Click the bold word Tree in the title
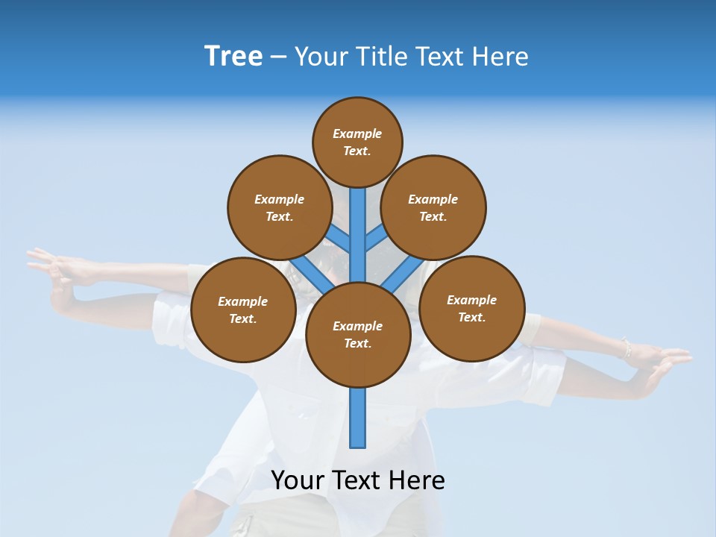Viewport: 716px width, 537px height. pyautogui.click(x=233, y=57)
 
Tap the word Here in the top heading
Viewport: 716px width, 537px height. pyautogui.click(x=500, y=57)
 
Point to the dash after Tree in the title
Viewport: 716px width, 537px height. pyautogui.click(x=278, y=57)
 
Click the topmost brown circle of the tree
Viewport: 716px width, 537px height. pyautogui.click(x=357, y=142)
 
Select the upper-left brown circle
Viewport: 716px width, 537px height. pyautogui.click(x=279, y=207)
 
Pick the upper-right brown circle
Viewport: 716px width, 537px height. pyautogui.click(x=433, y=207)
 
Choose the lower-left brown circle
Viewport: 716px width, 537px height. pyautogui.click(x=243, y=310)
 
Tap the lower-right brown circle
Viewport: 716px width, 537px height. pyautogui.click(x=471, y=308)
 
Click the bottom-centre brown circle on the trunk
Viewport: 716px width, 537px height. pyautogui.click(x=358, y=334)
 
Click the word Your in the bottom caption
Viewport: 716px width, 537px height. pyautogui.click(x=298, y=480)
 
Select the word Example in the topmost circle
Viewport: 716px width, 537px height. pyautogui.click(x=357, y=134)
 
